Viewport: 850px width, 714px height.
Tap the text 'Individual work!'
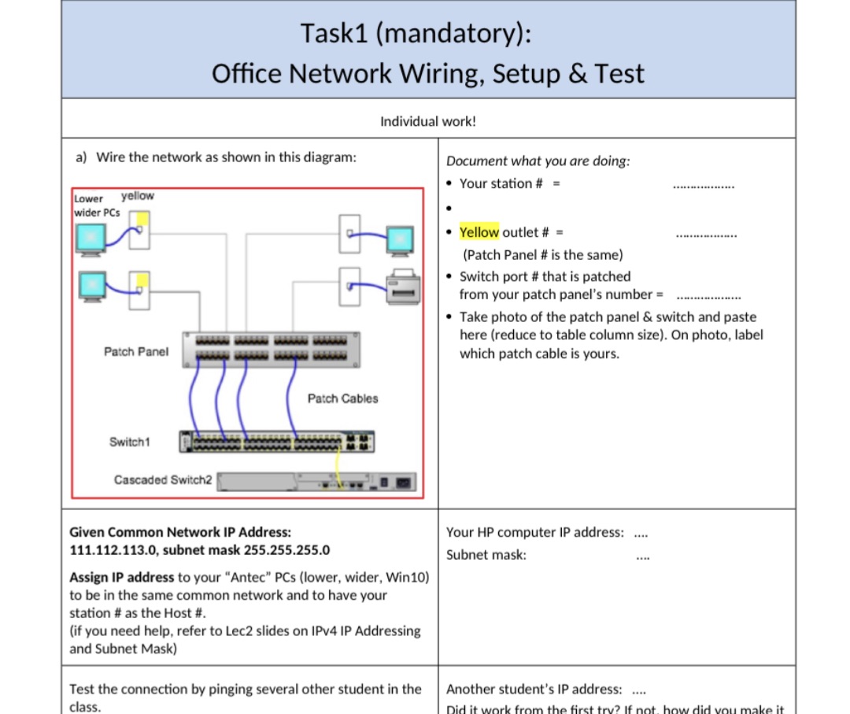(428, 121)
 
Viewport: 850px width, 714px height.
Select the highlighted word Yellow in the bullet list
(479, 231)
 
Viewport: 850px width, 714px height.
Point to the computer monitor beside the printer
(400, 240)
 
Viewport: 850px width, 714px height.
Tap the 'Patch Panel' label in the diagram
(135, 351)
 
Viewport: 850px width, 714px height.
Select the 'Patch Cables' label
(342, 398)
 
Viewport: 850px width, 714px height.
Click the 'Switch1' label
(129, 442)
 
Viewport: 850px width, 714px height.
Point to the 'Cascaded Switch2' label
(163, 479)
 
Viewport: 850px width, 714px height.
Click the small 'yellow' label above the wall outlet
(137, 196)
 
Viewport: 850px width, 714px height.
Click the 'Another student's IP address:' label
(534, 689)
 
